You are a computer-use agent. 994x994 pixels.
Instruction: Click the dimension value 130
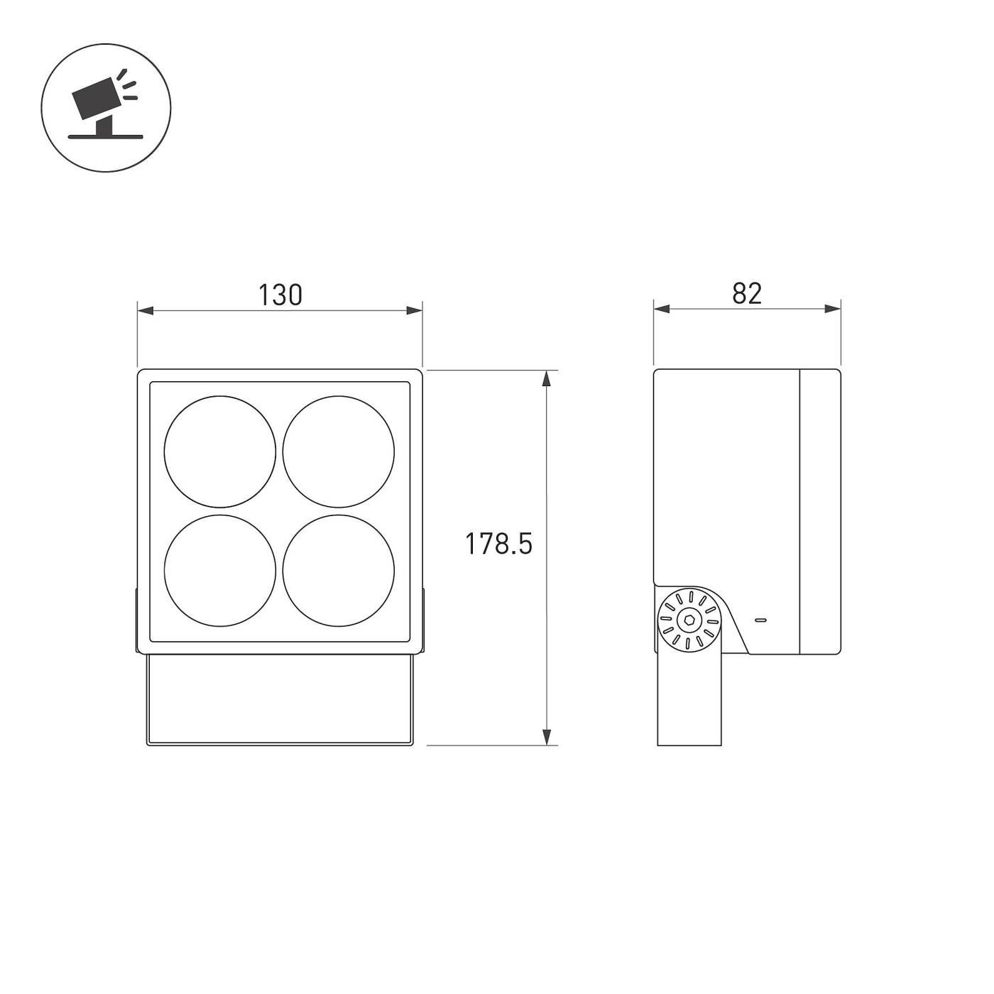pos(280,295)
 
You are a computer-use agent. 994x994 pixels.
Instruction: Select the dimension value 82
pos(747,293)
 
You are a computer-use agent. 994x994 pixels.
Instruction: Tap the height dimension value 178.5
pos(498,544)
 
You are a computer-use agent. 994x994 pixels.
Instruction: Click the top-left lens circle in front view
pos(220,452)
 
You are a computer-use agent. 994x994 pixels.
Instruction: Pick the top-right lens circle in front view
pos(339,452)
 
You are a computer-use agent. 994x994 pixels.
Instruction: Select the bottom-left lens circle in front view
pos(220,571)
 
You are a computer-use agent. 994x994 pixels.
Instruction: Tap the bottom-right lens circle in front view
pos(339,571)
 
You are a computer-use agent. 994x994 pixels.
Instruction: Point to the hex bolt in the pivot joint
pos(689,620)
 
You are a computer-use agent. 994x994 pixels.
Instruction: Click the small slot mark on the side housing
pos(760,620)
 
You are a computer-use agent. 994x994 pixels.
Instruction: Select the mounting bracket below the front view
pos(279,699)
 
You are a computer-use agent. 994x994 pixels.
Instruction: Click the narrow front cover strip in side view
pos(820,511)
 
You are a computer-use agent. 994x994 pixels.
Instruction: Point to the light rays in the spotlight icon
pos(128,84)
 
